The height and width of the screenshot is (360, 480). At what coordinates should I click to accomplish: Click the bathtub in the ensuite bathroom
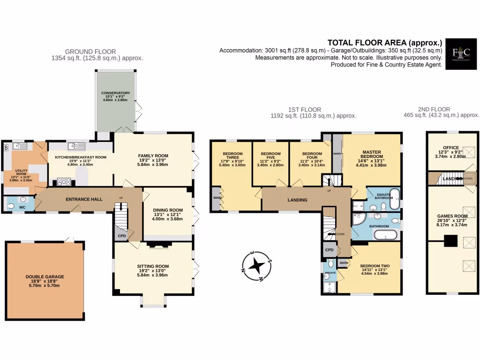(395, 198)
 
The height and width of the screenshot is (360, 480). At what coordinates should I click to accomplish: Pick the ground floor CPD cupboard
(121, 236)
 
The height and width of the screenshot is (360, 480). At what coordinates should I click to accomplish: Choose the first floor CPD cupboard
(329, 250)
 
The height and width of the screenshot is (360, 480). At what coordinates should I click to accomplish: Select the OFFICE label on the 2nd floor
(451, 148)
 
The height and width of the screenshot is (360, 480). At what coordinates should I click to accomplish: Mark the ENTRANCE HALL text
(84, 199)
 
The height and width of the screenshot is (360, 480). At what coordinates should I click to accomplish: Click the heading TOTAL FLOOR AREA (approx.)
(384, 41)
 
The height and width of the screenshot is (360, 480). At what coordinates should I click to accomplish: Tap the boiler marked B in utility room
(6, 148)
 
